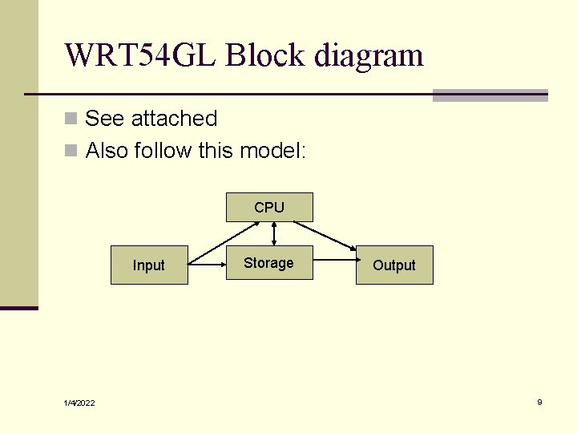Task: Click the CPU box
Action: (x=269, y=208)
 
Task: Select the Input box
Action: (x=149, y=265)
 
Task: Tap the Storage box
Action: (x=269, y=262)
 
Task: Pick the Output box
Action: (x=394, y=265)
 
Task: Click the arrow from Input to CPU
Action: (x=224, y=243)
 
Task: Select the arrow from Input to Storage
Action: (x=208, y=265)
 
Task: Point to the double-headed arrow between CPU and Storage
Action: (x=274, y=234)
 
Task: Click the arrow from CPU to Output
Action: (x=325, y=236)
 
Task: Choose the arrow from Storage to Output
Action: (x=337, y=260)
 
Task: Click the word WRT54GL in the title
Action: (x=139, y=55)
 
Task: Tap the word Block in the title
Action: (x=265, y=55)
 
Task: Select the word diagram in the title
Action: (x=369, y=56)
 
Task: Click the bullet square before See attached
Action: (x=71, y=119)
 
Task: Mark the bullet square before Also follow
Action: (x=71, y=150)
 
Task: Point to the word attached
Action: (x=174, y=118)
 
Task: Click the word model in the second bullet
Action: (x=271, y=150)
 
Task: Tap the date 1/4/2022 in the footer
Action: (x=79, y=403)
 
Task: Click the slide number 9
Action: (x=539, y=402)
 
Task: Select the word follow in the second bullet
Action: (x=163, y=150)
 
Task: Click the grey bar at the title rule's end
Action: (x=490, y=95)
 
